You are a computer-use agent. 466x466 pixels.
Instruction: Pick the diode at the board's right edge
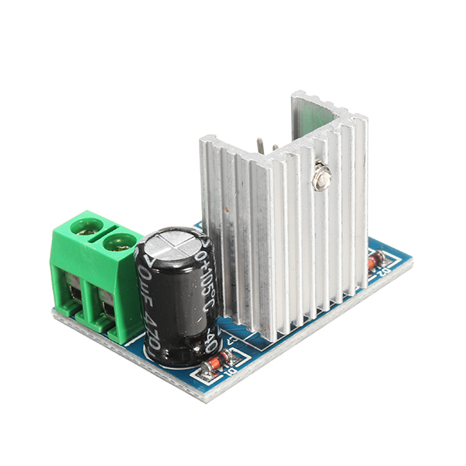tap(376, 261)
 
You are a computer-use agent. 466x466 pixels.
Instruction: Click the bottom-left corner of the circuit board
tap(54, 315)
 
